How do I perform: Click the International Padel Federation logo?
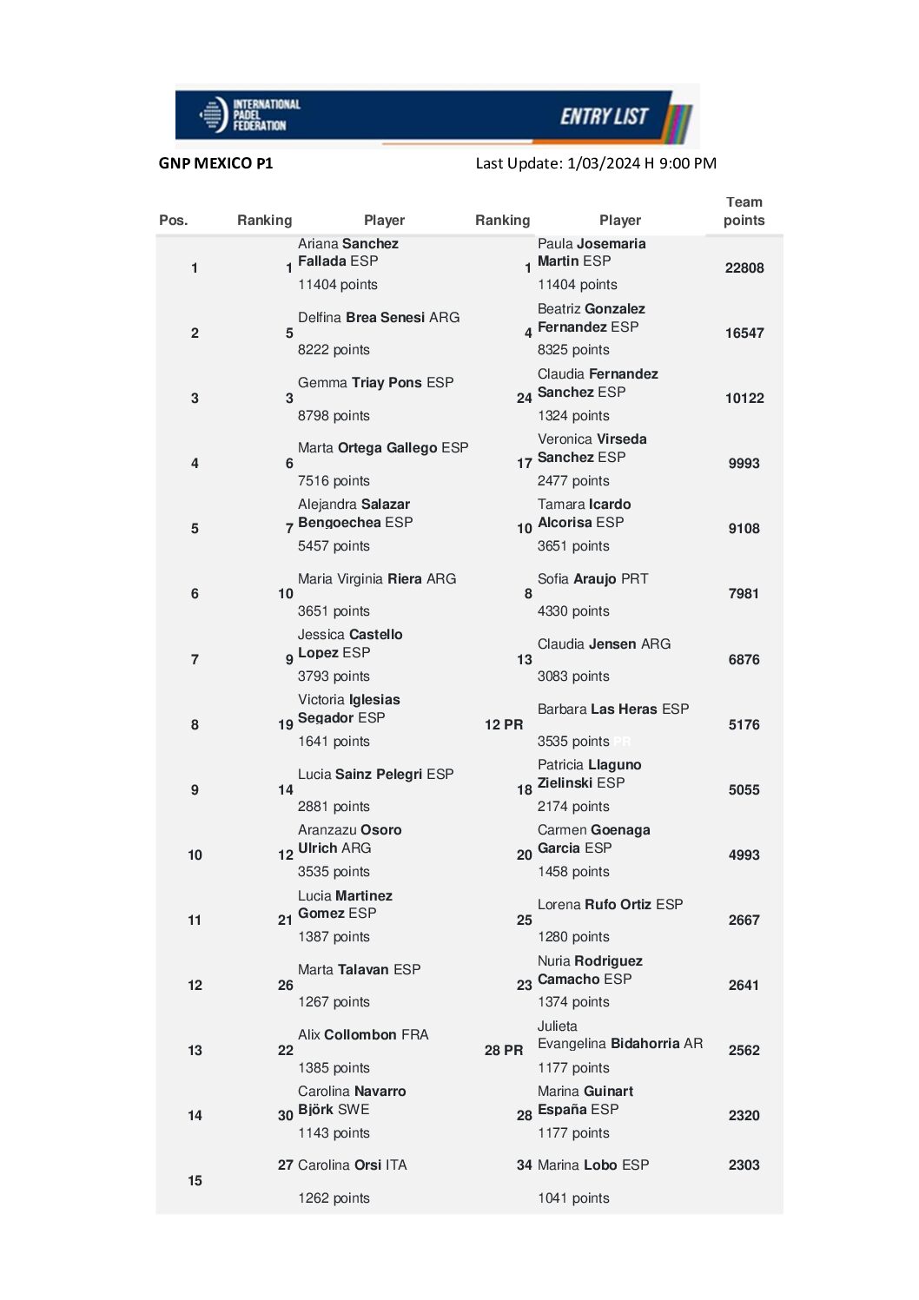click(250, 115)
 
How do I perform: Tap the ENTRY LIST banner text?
click(604, 116)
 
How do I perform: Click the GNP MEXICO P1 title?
click(215, 163)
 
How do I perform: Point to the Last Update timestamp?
click(596, 163)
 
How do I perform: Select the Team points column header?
click(744, 211)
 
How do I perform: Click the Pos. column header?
click(173, 221)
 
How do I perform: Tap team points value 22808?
click(744, 268)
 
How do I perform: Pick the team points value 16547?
click(744, 333)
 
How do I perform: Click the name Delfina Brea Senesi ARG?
click(379, 318)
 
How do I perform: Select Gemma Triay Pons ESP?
click(375, 383)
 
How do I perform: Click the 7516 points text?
click(334, 481)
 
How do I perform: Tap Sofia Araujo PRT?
click(592, 579)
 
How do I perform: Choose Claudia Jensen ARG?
click(604, 644)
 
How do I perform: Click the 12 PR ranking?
click(504, 725)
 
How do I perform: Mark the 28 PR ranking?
click(504, 1051)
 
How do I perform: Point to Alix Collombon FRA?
click(363, 1035)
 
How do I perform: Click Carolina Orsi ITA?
click(352, 1165)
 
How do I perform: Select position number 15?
click(195, 1181)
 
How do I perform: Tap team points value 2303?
click(744, 1165)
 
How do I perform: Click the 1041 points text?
click(573, 1198)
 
